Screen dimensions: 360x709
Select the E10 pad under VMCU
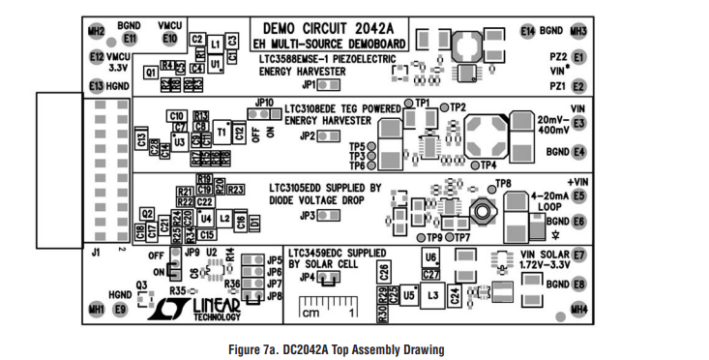[170, 39]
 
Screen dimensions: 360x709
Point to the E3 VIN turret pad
[578, 124]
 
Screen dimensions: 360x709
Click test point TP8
[488, 184]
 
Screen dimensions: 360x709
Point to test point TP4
[475, 165]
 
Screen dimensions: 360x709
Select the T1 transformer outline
[222, 133]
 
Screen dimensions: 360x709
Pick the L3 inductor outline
[432, 294]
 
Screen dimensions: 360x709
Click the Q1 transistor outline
[151, 72]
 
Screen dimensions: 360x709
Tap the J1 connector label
[95, 253]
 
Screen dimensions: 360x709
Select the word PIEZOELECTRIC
[360, 59]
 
